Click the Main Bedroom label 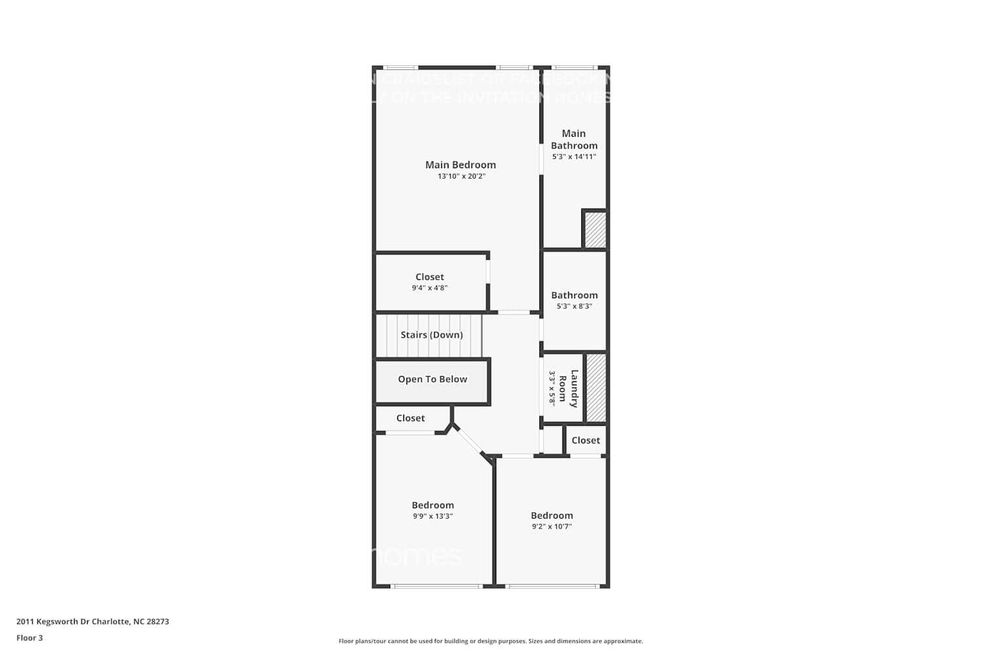click(460, 165)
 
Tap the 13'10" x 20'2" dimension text click(462, 177)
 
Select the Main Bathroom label click(574, 139)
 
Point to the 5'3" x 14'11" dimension click(574, 157)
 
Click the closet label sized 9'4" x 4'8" click(429, 277)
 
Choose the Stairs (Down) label click(431, 335)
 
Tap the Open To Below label click(432, 379)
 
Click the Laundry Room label click(568, 388)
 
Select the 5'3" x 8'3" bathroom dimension click(574, 306)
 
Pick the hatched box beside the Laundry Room click(596, 388)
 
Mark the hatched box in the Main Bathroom click(595, 230)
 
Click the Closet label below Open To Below click(410, 419)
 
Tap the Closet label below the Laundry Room click(585, 441)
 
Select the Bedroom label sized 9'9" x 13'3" click(433, 506)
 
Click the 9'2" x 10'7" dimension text click(552, 526)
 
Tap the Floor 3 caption click(29, 638)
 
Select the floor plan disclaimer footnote click(490, 642)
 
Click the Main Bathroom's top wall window click(574, 67)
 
